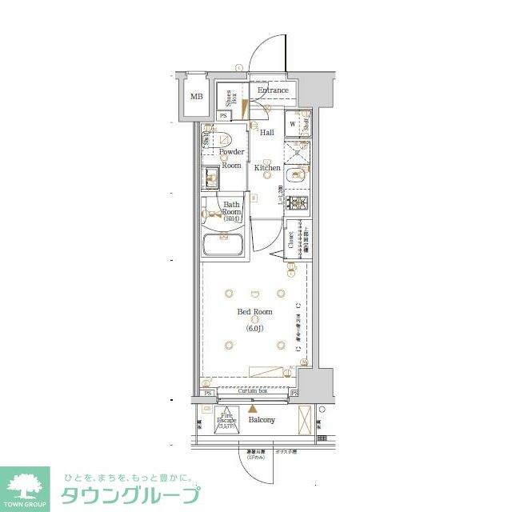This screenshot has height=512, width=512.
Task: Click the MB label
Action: (196, 97)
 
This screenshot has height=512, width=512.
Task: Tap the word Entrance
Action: (273, 90)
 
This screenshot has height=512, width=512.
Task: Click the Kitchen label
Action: (267, 168)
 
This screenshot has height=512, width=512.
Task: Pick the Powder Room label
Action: (231, 158)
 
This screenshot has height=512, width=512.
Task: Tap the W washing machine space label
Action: (292, 124)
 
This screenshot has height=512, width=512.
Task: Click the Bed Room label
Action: (254, 312)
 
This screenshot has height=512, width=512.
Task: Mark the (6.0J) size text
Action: (254, 327)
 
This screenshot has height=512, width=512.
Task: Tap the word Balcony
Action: (262, 420)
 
